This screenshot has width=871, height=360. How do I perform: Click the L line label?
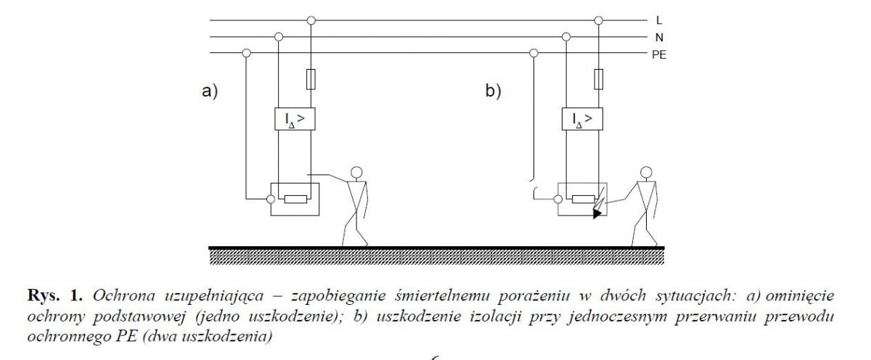(659, 20)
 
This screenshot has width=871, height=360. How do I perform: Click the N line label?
(659, 37)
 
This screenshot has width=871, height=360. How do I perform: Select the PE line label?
(659, 55)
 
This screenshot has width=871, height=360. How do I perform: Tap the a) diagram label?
(210, 91)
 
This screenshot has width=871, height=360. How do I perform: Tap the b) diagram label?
(494, 91)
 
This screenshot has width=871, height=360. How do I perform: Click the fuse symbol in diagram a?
(311, 79)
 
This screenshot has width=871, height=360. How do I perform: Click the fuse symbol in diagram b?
(599, 79)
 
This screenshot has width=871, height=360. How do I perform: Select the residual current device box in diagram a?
(295, 119)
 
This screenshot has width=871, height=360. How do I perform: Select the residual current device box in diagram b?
(582, 119)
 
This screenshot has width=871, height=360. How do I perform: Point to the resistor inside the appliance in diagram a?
(295, 200)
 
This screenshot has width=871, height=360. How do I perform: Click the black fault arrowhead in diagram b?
(597, 213)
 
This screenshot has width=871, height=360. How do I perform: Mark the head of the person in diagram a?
(356, 172)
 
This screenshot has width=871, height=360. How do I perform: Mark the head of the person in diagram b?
(646, 172)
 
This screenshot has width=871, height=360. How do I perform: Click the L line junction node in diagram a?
(311, 20)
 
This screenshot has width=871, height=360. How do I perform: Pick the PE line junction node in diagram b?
(534, 53)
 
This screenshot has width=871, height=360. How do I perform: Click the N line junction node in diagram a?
(279, 37)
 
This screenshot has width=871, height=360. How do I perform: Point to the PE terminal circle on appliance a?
(271, 200)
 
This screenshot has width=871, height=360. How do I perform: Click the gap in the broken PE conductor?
(533, 184)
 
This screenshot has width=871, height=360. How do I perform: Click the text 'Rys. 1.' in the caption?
(55, 296)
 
